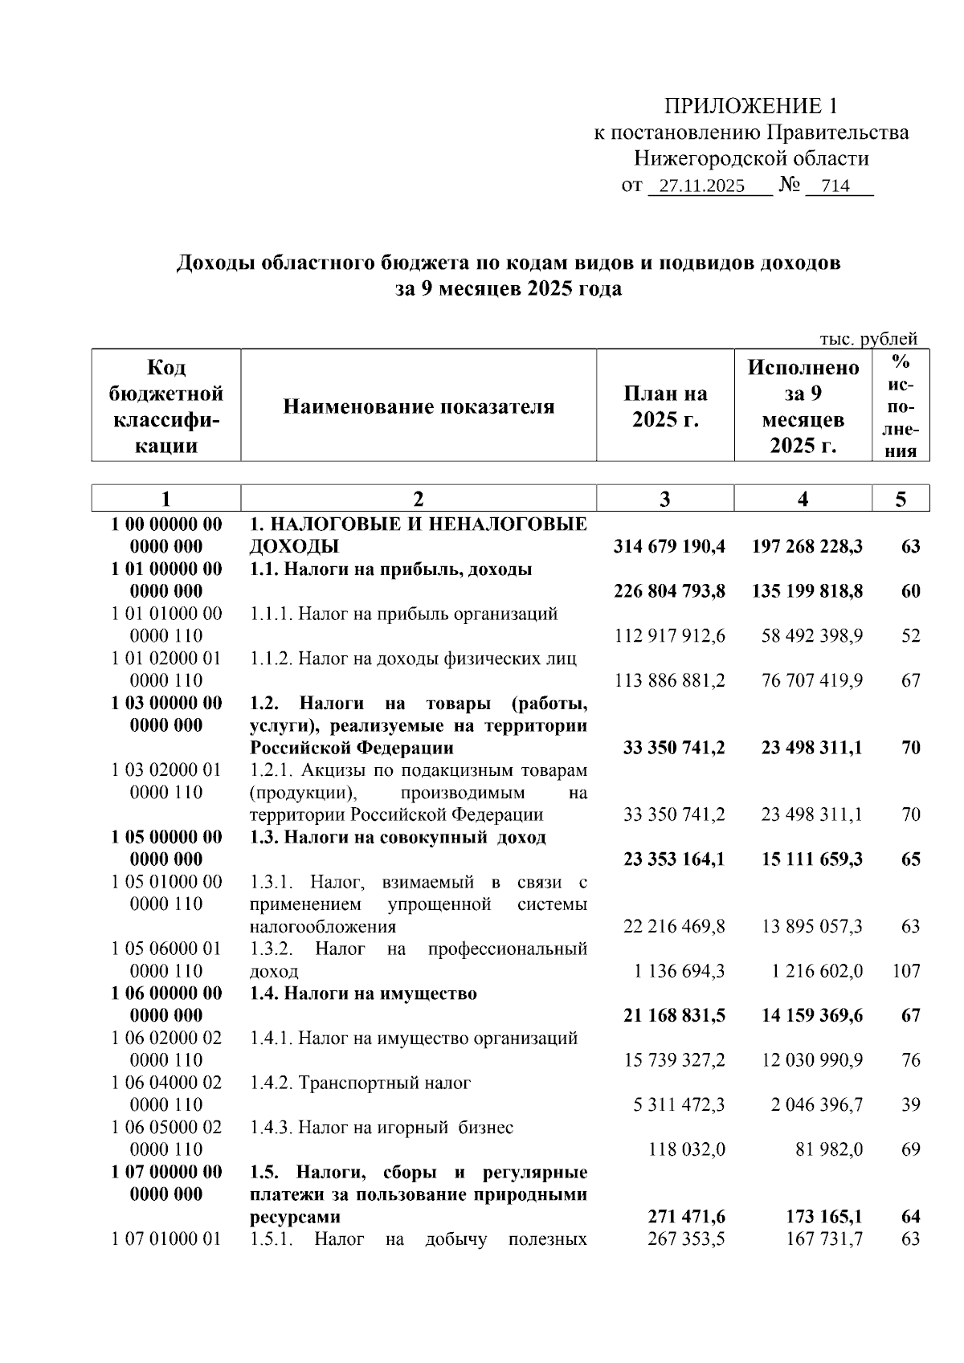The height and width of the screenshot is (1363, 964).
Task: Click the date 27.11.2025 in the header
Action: (696, 186)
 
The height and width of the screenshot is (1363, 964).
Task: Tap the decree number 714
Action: (835, 186)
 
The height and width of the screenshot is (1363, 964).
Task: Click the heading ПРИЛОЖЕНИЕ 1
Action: (750, 106)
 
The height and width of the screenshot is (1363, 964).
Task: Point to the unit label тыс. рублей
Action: (868, 339)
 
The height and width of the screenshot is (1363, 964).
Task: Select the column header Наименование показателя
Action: (419, 406)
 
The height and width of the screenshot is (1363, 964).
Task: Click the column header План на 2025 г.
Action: (665, 406)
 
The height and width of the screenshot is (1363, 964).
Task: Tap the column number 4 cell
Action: (803, 499)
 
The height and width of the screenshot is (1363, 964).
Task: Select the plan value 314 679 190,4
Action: (669, 547)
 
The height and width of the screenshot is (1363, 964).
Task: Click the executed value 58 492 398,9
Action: (812, 636)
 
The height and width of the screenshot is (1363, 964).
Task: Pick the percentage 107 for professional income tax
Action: (906, 971)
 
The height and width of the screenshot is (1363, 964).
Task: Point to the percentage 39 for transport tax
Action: (910, 1105)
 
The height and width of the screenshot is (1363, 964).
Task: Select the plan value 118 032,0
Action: (687, 1149)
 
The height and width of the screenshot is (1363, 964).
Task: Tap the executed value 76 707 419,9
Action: (812, 681)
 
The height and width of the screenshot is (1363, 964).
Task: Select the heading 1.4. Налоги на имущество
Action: (363, 994)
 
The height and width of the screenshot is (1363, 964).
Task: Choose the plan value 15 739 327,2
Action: (674, 1060)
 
